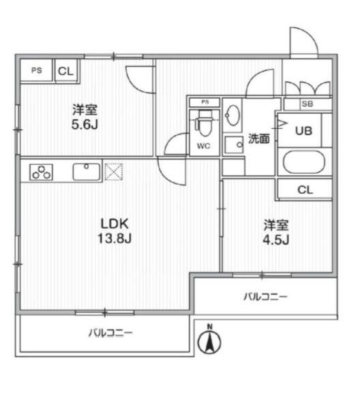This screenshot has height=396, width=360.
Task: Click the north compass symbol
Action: [210, 340]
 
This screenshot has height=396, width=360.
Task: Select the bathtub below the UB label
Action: [304, 164]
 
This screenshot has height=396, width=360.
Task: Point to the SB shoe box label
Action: [307, 104]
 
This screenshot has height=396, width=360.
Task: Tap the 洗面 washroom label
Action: [258, 138]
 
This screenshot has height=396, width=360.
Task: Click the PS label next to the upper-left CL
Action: [35, 71]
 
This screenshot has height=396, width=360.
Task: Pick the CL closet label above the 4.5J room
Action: [305, 189]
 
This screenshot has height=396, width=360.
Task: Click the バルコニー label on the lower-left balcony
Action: [110, 333]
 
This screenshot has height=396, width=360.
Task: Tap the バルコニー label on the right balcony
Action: [266, 296]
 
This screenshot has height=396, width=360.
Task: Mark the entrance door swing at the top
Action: [302, 42]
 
